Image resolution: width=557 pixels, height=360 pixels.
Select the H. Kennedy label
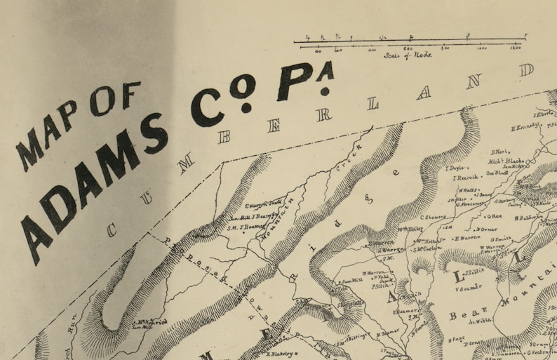pos(525,127)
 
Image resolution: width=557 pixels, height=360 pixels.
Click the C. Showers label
pos(434,217)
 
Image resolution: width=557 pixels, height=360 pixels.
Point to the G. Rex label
pos(495,216)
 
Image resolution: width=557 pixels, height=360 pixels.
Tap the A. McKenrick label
pos(149,322)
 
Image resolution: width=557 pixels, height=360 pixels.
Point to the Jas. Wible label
pos(479,320)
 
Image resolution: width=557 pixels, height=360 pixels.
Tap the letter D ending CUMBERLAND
pos(527,69)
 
